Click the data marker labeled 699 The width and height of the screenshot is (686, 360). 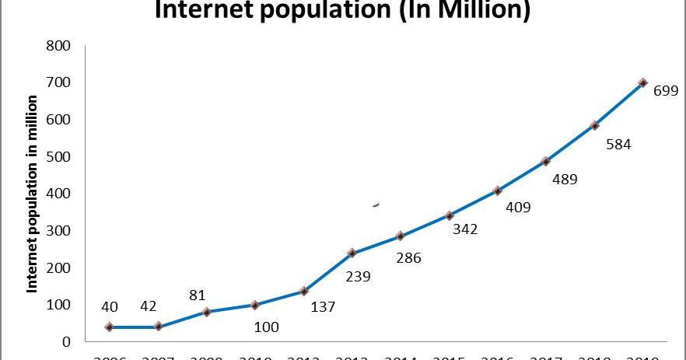(643, 82)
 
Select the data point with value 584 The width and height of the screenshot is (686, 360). (595, 125)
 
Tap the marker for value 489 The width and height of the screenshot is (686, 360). (546, 161)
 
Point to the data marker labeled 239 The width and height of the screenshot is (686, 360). (352, 253)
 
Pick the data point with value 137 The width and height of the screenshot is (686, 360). (303, 291)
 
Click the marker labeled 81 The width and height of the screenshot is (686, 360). (206, 312)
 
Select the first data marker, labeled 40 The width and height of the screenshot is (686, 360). (109, 327)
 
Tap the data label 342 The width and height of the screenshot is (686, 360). (465, 229)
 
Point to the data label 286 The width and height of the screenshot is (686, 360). (408, 257)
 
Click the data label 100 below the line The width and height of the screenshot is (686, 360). (267, 327)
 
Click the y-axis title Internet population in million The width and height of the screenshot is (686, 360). (33, 194)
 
